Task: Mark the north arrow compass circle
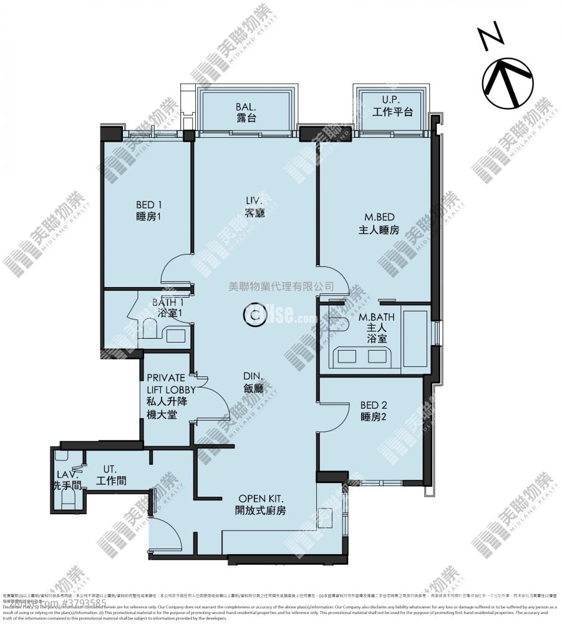click(507, 83)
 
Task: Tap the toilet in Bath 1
click(148, 328)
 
